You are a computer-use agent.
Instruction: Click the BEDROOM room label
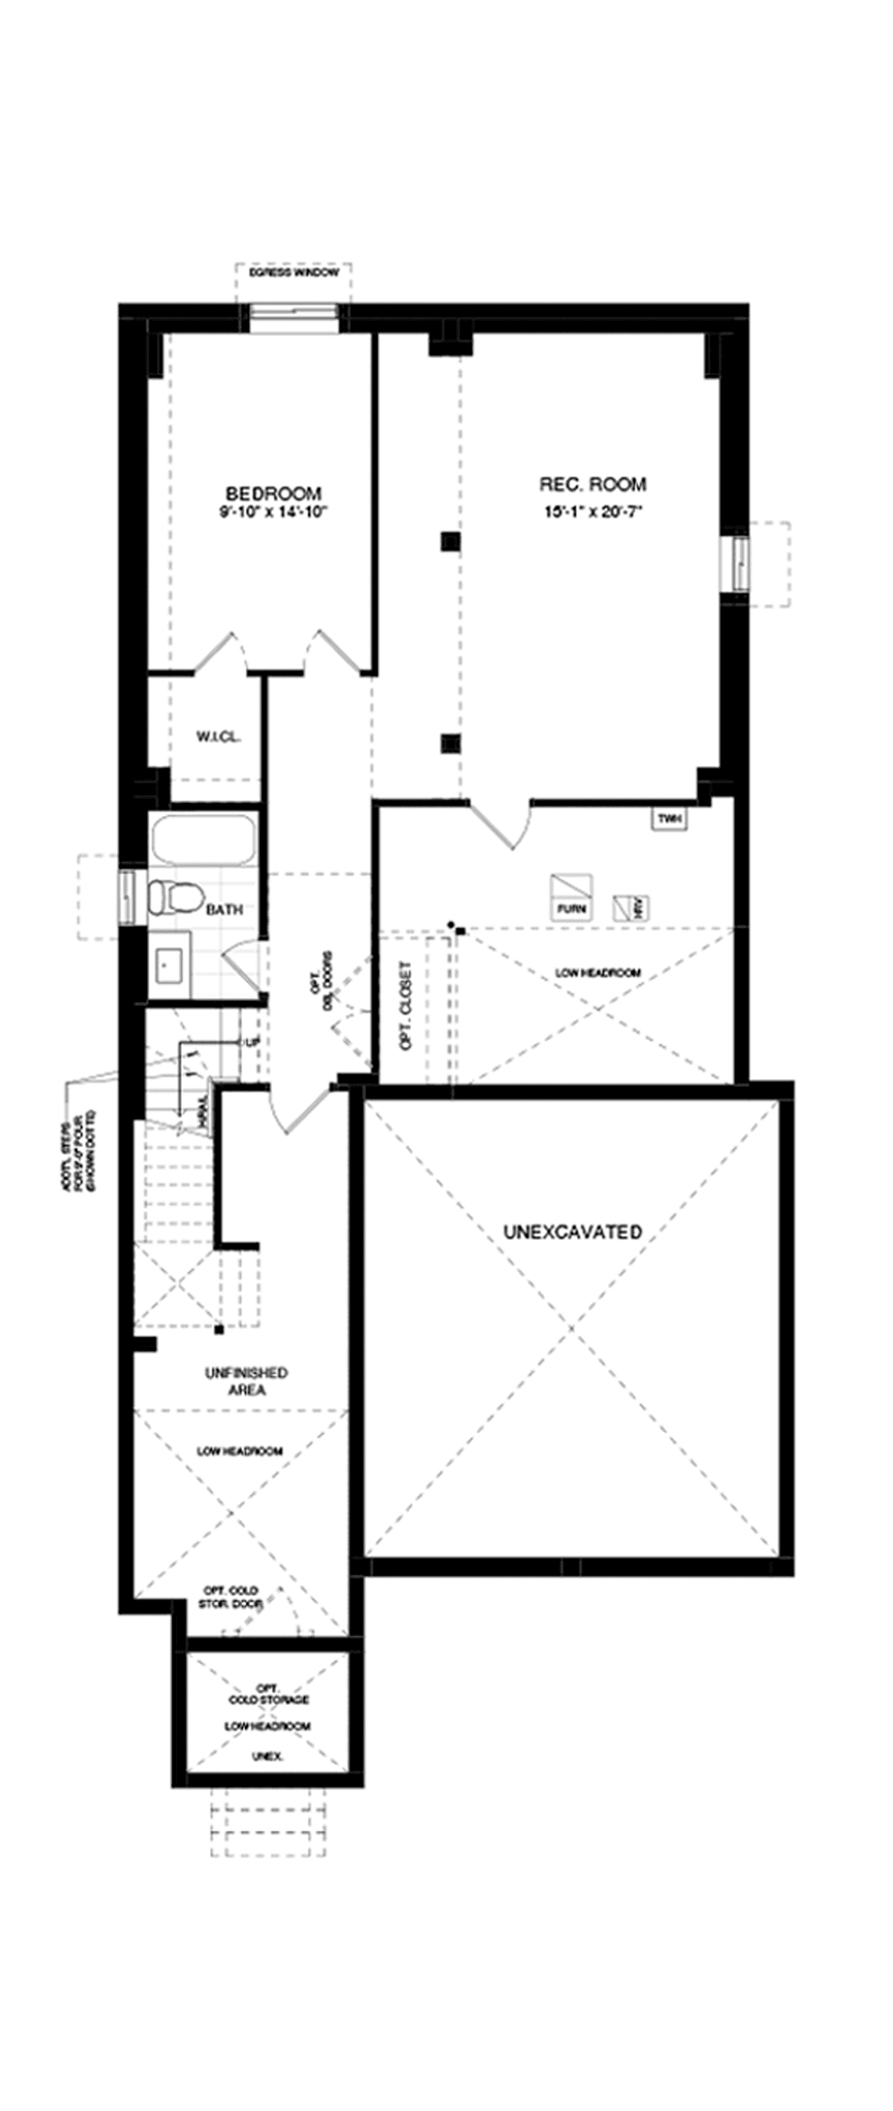click(274, 494)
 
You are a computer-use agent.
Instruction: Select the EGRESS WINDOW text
click(294, 273)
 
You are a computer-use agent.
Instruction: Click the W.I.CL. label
click(218, 736)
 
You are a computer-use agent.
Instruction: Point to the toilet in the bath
click(175, 896)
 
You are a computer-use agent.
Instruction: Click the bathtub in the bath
click(202, 839)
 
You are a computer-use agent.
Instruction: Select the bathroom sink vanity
click(170, 965)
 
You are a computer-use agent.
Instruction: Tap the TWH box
click(669, 818)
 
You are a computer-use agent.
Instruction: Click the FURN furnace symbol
click(570, 896)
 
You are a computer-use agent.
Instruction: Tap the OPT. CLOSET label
click(406, 1017)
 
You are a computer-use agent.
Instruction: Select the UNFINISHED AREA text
click(246, 1381)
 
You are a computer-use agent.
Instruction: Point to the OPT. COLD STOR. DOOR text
click(231, 1596)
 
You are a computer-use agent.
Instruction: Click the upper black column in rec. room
click(450, 541)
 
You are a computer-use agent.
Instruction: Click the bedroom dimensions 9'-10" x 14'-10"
click(274, 513)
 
